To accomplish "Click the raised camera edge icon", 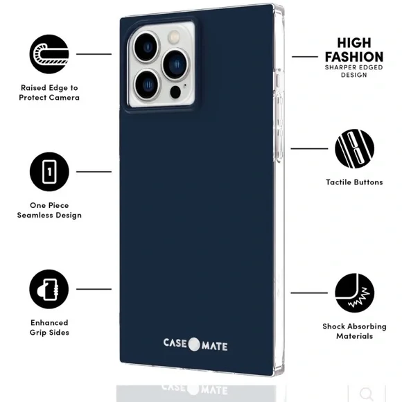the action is pos(49,54).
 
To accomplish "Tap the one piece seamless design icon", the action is pos(49,171).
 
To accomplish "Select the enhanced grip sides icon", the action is pos(49,289).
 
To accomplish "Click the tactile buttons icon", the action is pos(354,149).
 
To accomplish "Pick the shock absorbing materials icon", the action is pos(354,292).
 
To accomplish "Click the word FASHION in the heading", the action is pos(354,57).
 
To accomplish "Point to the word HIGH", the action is pos(354,43).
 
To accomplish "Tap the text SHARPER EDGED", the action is pos(353,68).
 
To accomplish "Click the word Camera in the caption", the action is pos(64,98).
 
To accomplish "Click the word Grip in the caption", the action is pos(38,333).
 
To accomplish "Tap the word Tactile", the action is pos(338,182).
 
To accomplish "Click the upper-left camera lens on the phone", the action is pos(147,47).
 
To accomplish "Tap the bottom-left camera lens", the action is pos(147,85).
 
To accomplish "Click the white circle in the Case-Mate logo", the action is pos(194,344).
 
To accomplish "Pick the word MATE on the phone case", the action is pos(214,347).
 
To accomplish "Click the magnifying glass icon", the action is pos(366,394).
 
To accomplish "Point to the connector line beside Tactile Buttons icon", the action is pos(309,148).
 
